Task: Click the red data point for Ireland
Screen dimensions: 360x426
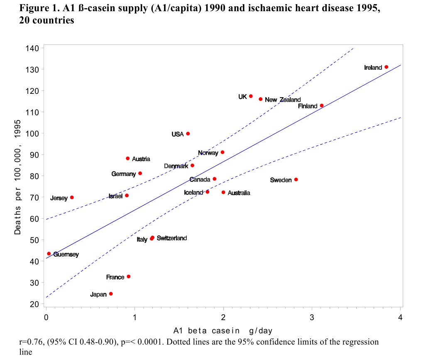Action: [x=386, y=67]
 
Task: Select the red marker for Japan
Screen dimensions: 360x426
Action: [x=111, y=294]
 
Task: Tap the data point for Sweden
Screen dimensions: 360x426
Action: [x=296, y=179]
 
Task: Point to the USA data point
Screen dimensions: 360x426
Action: [x=188, y=134]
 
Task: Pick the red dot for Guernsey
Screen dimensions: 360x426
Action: [x=49, y=253]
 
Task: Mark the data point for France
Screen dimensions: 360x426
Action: [x=129, y=277]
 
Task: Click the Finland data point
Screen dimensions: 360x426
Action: [x=322, y=105]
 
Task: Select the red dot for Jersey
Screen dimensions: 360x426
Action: [x=72, y=197]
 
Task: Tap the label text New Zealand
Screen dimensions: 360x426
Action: [x=283, y=100]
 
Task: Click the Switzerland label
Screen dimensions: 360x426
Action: [x=172, y=238]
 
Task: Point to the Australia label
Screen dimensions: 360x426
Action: [x=239, y=193]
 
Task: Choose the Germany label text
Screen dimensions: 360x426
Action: [x=123, y=174]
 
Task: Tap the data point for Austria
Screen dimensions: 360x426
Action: [x=128, y=159]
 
